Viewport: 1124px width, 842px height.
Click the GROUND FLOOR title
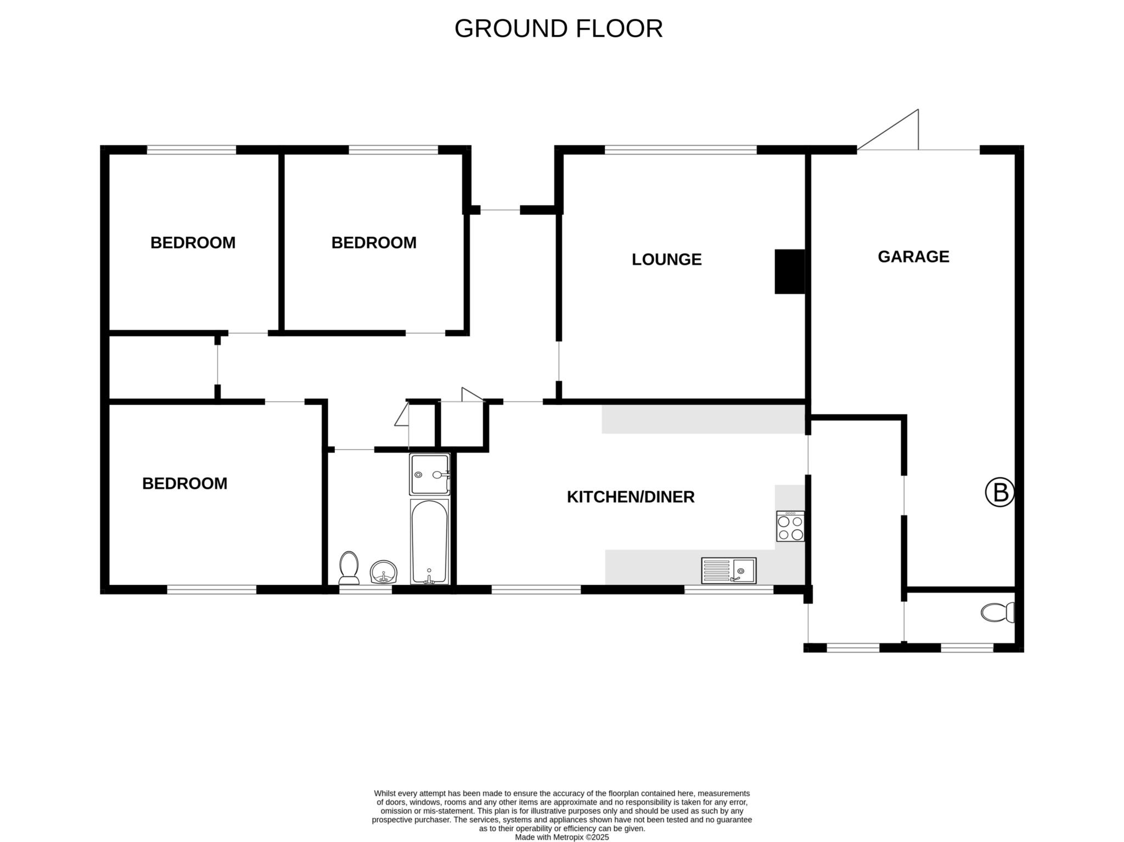tap(558, 29)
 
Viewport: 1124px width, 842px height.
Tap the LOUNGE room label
tap(666, 259)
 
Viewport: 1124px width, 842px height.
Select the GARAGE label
tap(913, 257)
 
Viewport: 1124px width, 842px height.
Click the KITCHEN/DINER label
tap(631, 497)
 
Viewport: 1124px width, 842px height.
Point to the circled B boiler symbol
tap(1000, 492)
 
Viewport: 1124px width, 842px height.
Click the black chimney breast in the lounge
tap(790, 272)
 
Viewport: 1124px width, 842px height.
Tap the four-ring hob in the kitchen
tap(790, 527)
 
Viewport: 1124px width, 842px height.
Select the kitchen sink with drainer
tap(729, 570)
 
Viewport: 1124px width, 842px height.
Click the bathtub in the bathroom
tap(430, 542)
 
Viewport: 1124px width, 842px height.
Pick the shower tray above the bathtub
tap(430, 474)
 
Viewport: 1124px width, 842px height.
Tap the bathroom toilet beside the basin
tap(349, 568)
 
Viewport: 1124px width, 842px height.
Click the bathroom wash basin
tap(384, 572)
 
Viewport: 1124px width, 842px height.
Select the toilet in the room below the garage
tap(998, 612)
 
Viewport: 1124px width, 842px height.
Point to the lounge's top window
tap(681, 149)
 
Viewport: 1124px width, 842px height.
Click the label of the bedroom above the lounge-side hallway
tap(374, 243)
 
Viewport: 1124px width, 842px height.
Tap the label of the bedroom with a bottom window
tap(184, 484)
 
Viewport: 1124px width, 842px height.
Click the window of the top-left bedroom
tap(192, 149)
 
